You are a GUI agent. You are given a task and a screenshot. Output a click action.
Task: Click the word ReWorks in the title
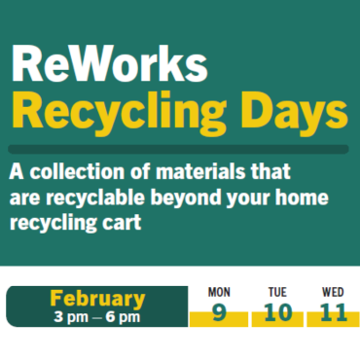click(108, 67)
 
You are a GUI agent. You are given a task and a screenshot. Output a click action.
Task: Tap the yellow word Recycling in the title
click(118, 114)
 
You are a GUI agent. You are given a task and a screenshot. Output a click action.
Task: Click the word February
click(97, 299)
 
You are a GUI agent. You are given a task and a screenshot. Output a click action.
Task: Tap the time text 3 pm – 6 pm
click(97, 316)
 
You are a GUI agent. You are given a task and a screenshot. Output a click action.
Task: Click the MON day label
click(220, 292)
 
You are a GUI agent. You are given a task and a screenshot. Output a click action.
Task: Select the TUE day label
click(277, 292)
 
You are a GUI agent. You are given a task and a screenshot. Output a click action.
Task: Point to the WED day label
click(334, 292)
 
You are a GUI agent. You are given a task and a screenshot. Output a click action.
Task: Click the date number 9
click(220, 313)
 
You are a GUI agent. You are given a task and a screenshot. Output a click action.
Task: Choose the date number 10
click(277, 313)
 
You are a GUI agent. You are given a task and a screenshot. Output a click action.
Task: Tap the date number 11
click(334, 313)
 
